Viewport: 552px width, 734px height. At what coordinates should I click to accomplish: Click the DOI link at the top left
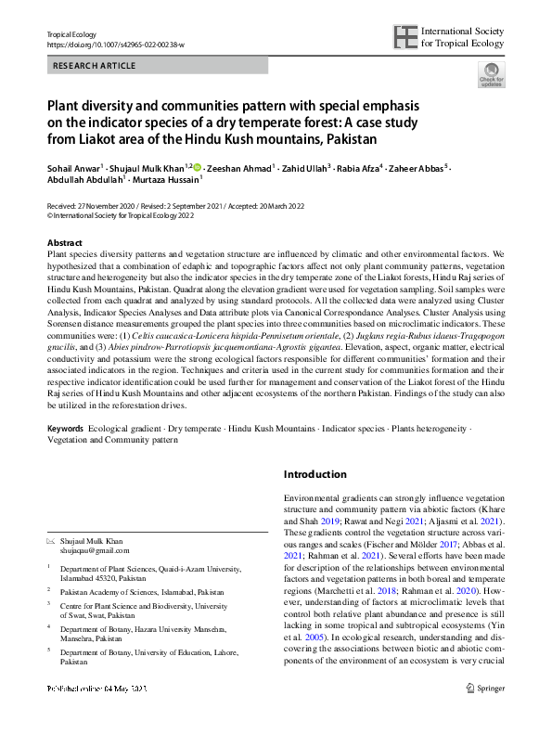point(115,45)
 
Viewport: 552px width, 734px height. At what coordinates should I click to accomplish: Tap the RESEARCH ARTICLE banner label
point(95,66)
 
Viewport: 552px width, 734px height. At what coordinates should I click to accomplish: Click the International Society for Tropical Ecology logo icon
point(405,37)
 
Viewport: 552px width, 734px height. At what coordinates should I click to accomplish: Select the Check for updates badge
point(491,74)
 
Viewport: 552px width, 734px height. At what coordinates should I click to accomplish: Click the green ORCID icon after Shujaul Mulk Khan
point(198,167)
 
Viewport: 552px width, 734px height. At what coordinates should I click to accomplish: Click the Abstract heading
point(65,242)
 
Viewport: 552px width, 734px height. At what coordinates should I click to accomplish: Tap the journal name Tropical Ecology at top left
point(72,34)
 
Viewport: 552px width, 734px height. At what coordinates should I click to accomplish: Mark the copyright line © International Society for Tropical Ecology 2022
point(121,212)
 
